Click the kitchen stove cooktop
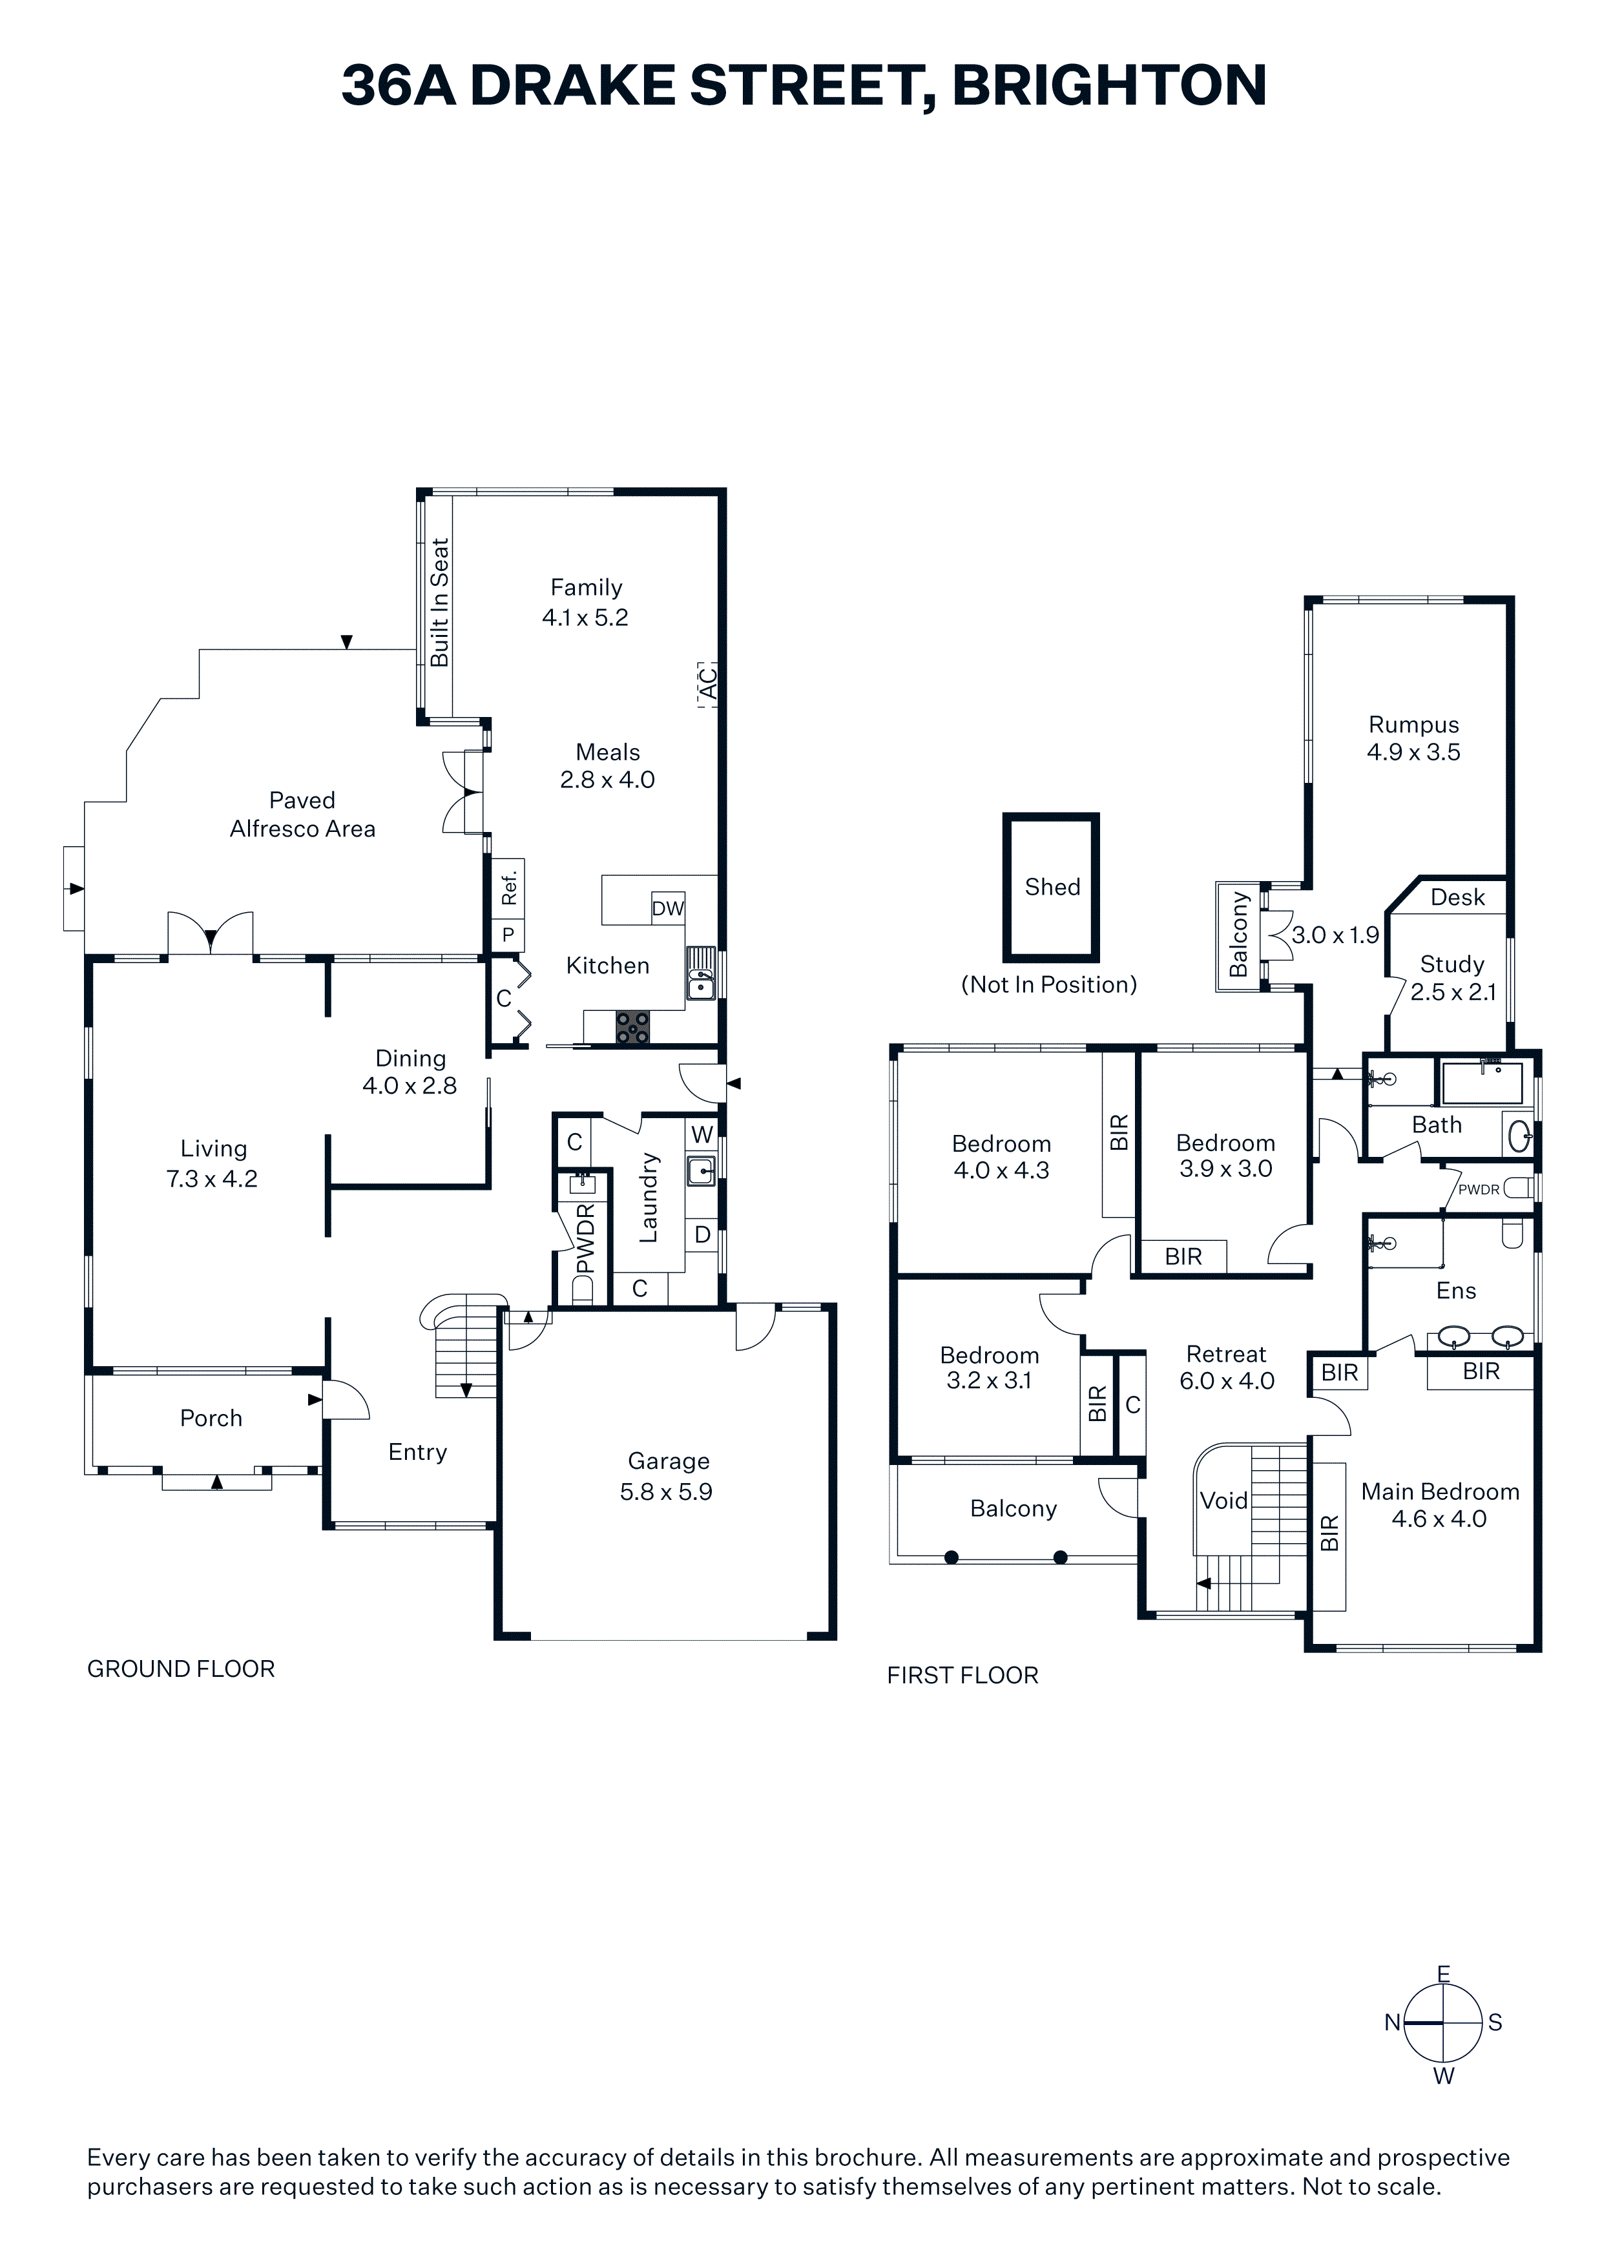click(632, 1028)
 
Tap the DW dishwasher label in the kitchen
click(667, 908)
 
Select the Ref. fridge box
click(508, 889)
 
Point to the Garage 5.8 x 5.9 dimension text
click(666, 1492)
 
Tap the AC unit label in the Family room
click(707, 683)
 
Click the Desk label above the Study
click(1458, 897)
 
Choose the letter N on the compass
click(1392, 2022)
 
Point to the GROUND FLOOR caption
click(181, 1669)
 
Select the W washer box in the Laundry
click(702, 1134)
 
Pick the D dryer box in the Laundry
click(702, 1234)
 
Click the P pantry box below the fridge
click(508, 935)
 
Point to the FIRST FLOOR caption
click(962, 1675)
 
